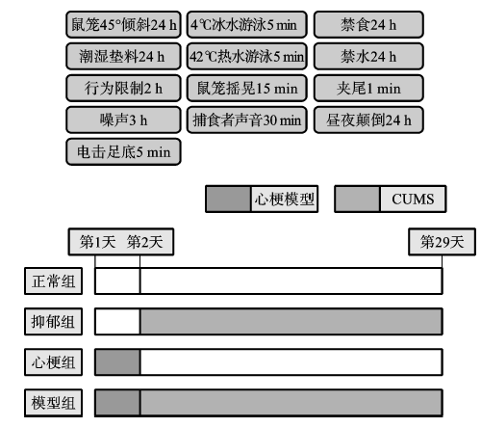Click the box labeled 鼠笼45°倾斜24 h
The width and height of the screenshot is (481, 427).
(123, 24)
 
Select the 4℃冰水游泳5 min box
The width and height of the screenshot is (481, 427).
(247, 24)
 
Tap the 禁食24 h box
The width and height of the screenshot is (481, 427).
(368, 24)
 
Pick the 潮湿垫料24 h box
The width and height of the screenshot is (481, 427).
(123, 56)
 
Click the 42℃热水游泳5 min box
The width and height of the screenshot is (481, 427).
(247, 56)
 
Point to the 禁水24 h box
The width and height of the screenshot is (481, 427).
(368, 56)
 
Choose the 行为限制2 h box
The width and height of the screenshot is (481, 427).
(123, 88)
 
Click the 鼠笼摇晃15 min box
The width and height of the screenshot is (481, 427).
(247, 88)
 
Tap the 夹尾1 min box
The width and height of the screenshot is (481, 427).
(368, 88)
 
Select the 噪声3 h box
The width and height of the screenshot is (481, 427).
(123, 120)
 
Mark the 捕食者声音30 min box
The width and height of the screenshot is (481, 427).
(247, 120)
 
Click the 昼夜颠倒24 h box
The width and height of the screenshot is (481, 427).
(368, 120)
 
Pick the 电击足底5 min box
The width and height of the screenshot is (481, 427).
(123, 151)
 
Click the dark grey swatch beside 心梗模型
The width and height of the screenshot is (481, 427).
(228, 199)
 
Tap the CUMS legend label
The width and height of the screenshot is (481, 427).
(413, 199)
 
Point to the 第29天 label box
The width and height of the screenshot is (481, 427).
(442, 242)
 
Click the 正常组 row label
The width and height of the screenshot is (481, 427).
(53, 280)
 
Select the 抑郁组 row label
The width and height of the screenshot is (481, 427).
(53, 321)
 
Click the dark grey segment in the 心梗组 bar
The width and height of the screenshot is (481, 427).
(117, 361)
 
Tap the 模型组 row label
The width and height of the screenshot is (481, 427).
(53, 403)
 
